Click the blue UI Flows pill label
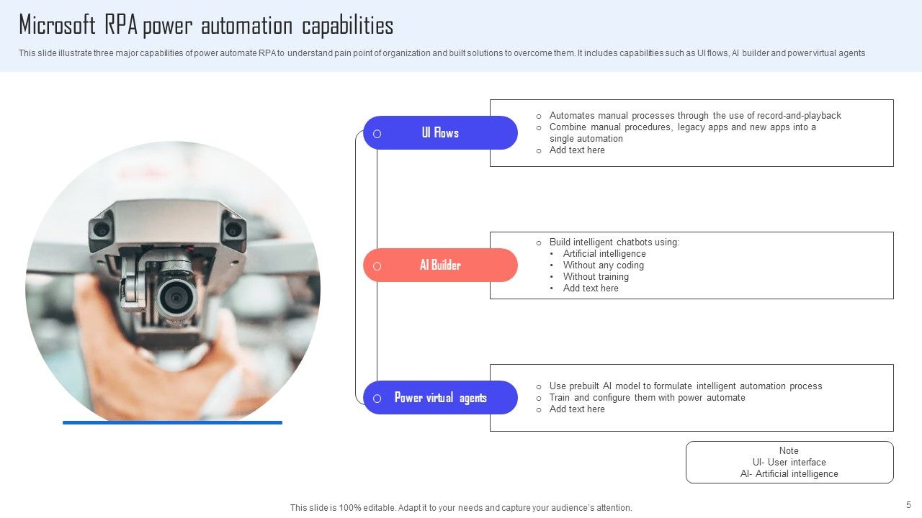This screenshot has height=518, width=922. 440,133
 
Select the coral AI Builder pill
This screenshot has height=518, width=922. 440,265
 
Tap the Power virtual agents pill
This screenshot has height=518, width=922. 440,398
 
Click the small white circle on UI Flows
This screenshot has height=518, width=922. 377,134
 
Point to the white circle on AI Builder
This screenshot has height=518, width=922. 377,266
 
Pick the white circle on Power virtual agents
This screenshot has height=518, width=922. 377,399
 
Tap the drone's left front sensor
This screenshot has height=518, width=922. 101,229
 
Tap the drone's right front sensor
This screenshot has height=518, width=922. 233,229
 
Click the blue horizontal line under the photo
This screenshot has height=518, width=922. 172,422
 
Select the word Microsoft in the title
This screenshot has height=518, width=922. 57,25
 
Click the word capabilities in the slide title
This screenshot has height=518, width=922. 347,26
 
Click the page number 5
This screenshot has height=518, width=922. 908,505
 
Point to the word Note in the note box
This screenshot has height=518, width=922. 789,451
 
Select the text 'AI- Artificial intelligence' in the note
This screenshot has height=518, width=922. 789,474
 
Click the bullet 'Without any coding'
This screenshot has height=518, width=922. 604,265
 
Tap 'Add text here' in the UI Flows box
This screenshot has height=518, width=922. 577,150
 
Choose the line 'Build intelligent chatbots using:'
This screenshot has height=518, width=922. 614,242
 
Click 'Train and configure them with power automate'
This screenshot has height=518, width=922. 647,398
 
